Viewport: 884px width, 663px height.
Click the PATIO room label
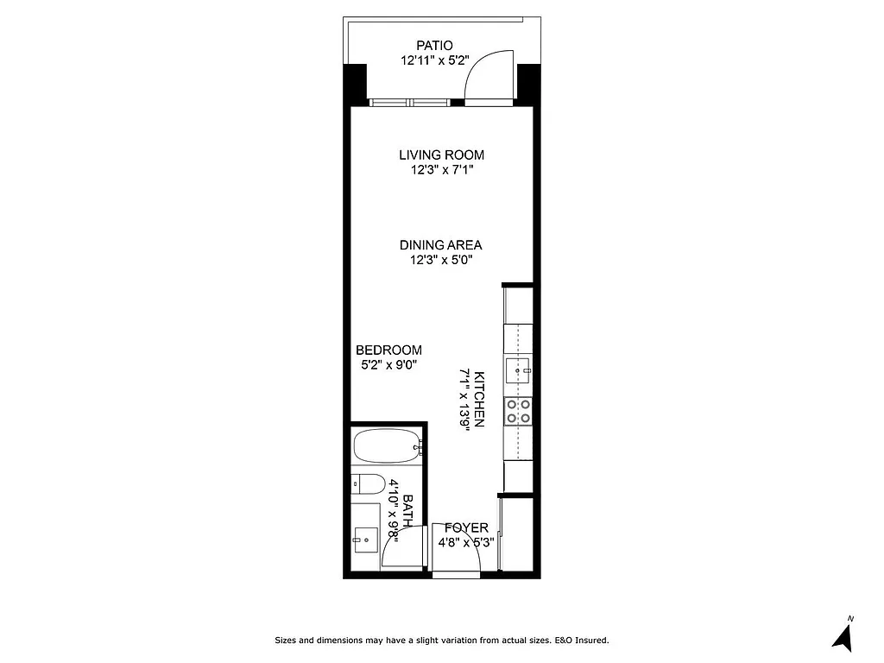434,46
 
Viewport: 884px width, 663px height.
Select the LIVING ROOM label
441,155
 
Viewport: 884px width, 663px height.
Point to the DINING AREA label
440,245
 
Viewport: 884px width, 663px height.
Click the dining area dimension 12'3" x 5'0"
441,260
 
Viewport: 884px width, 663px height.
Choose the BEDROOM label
388,350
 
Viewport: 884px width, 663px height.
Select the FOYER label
466,527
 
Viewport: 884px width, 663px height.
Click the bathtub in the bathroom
387,446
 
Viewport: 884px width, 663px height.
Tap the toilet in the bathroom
367,483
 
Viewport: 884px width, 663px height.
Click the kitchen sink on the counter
520,370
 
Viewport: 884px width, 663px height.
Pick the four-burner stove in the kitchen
520,410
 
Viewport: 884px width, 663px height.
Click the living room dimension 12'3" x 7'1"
441,170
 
